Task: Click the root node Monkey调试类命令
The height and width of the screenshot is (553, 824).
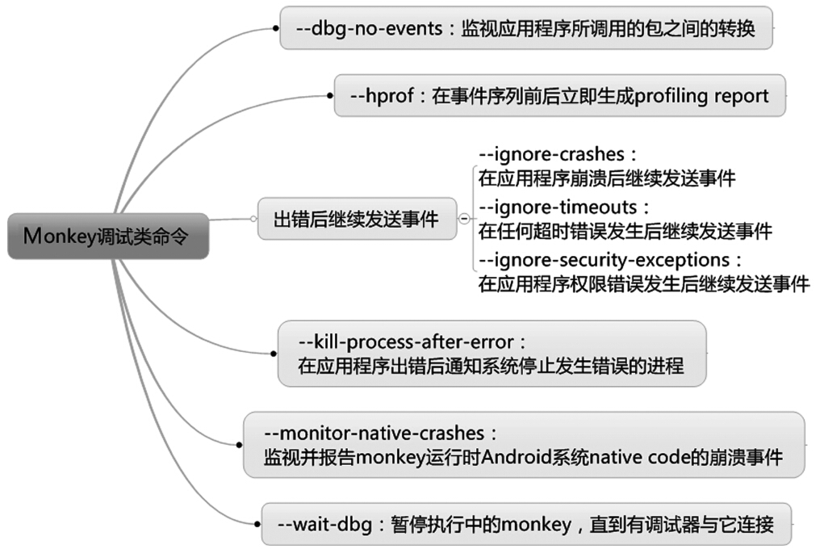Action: pyautogui.click(x=108, y=236)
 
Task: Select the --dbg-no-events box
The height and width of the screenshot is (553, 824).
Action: pyautogui.click(x=526, y=28)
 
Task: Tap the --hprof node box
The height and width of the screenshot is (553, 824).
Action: pyautogui.click(x=559, y=95)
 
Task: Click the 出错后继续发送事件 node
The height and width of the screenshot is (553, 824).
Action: pyautogui.click(x=356, y=219)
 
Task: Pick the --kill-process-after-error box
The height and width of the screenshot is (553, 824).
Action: pyautogui.click(x=491, y=353)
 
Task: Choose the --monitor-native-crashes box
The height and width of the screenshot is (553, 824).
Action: pyautogui.click(x=524, y=445)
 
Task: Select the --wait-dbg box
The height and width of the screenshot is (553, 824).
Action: pyautogui.click(x=526, y=524)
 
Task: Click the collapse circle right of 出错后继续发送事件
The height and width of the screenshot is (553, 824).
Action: pyautogui.click(x=464, y=219)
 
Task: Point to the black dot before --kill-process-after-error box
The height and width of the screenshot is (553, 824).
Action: pyautogui.click(x=273, y=353)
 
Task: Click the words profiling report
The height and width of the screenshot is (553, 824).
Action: pyautogui.click(x=702, y=95)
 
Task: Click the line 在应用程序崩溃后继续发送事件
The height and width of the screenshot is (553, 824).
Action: pyautogui.click(x=606, y=178)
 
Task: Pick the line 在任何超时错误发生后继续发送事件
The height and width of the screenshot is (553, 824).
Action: pyautogui.click(x=625, y=232)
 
